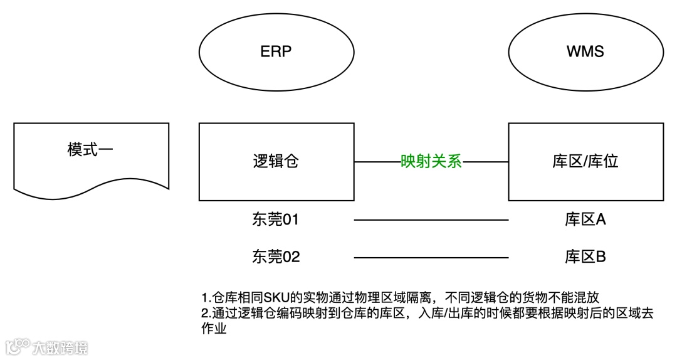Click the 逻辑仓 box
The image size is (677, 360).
[276, 162]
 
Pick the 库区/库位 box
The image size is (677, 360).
[585, 162]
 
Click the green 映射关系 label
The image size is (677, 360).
[431, 162]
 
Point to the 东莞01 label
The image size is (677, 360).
[276, 220]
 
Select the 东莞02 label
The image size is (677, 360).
[276, 257]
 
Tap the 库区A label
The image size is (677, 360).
[585, 220]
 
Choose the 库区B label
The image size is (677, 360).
[585, 257]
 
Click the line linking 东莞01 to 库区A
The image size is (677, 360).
[431, 220]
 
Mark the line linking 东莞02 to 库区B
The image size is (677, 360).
[431, 257]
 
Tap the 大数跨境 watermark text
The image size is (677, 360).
[60, 347]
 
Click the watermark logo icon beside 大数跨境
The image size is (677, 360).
[18, 347]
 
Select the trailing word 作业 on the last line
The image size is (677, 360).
[213, 329]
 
